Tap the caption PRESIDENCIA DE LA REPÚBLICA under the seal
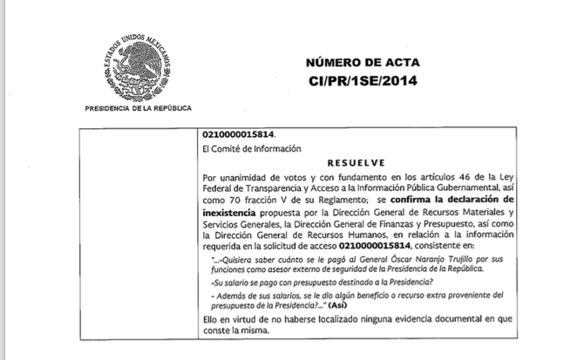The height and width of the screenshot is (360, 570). (138, 107)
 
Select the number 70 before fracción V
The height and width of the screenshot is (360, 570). (241, 199)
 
